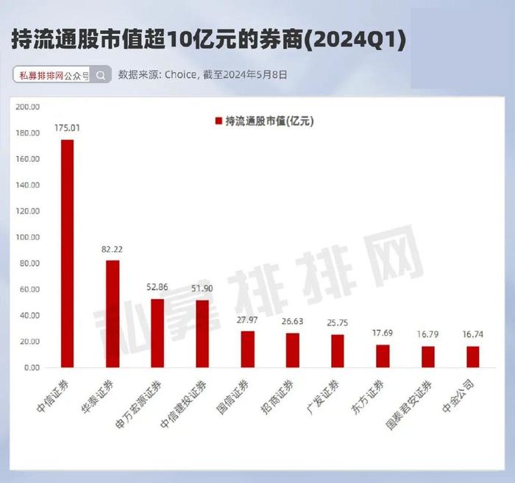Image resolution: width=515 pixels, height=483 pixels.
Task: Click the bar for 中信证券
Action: click(x=67, y=253)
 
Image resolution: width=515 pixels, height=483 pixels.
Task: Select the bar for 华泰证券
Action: click(x=112, y=314)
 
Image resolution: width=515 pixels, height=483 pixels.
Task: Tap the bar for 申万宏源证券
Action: click(x=157, y=333)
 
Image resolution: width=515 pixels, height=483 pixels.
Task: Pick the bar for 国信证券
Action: click(x=247, y=349)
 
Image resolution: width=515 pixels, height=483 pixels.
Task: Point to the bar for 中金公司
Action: click(x=473, y=356)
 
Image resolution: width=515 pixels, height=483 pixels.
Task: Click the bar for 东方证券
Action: click(x=383, y=356)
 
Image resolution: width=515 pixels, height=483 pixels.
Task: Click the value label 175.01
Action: click(x=67, y=128)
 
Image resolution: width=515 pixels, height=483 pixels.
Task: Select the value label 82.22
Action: click(x=112, y=250)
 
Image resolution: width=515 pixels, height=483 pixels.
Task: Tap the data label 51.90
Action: click(x=202, y=289)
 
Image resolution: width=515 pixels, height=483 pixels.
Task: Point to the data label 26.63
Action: click(x=292, y=322)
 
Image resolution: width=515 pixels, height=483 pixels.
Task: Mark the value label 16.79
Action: click(x=428, y=334)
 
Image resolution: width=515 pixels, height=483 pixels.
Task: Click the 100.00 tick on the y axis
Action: click(x=27, y=238)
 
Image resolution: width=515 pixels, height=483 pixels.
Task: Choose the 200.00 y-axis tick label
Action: click(x=27, y=107)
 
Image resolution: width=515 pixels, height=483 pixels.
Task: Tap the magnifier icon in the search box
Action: click(x=102, y=74)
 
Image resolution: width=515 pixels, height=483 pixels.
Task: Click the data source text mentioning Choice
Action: click(x=203, y=74)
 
